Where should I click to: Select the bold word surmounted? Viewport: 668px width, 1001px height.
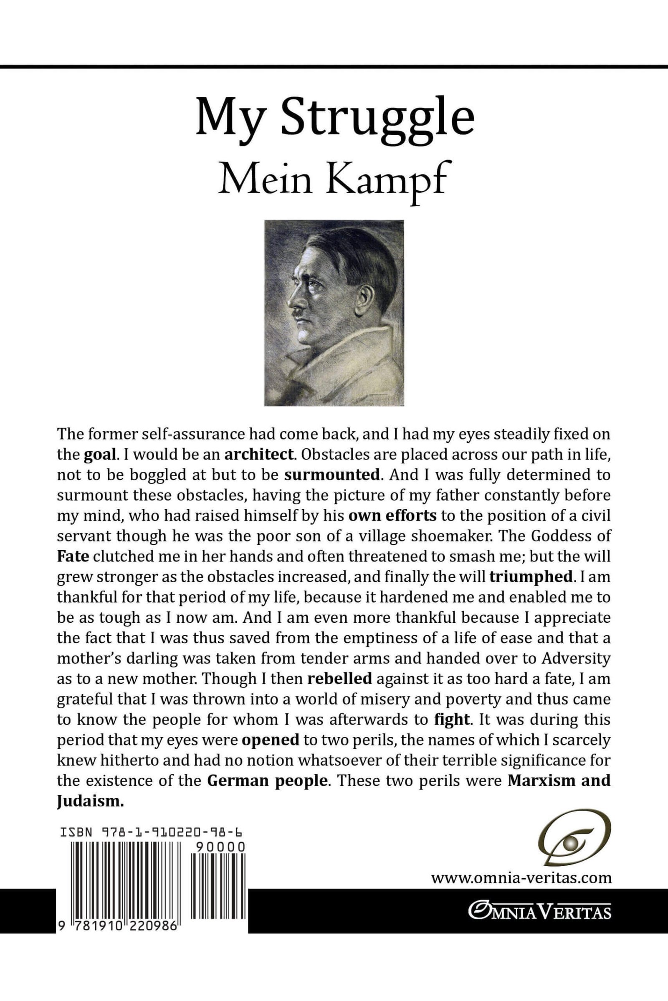coord(332,475)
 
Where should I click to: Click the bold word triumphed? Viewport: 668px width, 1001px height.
coord(530,577)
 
